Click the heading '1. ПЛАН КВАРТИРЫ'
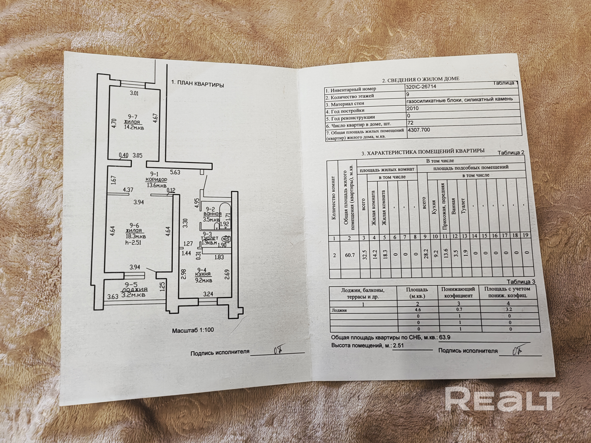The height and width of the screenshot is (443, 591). coord(197,84)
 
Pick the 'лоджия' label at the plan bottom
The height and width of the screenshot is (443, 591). coord(134,289)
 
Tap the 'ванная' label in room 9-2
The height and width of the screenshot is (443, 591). coord(212,214)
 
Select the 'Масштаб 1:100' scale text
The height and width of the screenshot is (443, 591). coord(193,330)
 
